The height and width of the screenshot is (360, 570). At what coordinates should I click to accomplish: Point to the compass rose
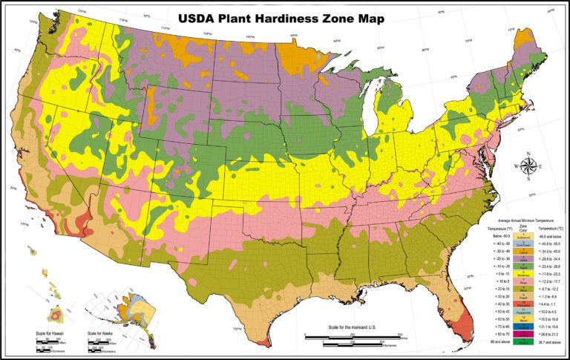coord(528,167)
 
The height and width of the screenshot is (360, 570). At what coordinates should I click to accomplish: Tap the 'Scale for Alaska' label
coord(103,333)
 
